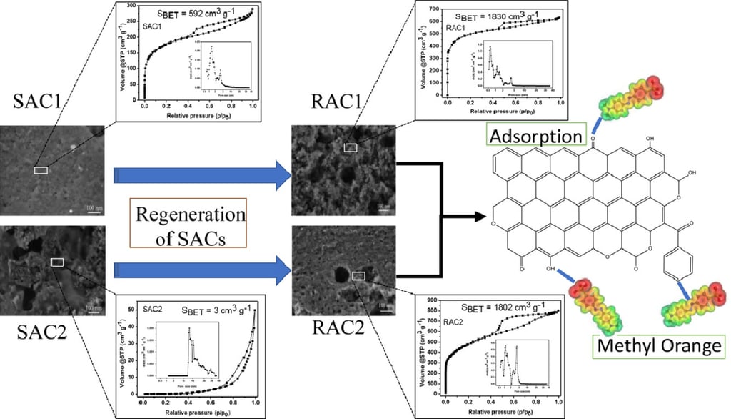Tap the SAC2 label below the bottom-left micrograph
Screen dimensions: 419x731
click(42, 334)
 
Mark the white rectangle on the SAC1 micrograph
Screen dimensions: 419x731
click(41, 169)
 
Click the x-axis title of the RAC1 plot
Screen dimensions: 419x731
click(503, 113)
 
